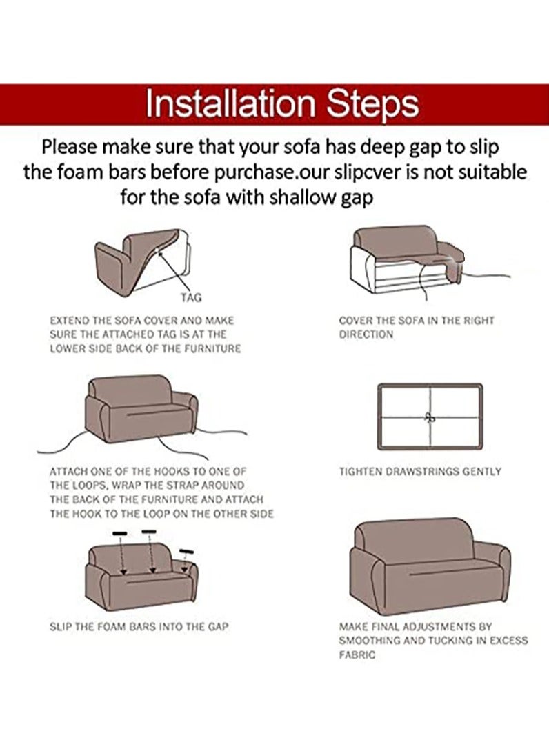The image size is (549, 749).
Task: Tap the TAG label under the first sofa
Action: click(x=191, y=298)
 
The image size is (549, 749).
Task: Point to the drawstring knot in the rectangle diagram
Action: click(x=429, y=417)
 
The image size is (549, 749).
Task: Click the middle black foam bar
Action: click(x=149, y=532)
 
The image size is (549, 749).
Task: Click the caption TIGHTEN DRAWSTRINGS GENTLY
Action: click(x=420, y=472)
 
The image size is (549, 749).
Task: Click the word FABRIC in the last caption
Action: click(x=357, y=655)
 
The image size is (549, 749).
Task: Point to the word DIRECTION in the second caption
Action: click(x=366, y=334)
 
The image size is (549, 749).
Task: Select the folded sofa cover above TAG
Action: click(x=141, y=255)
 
